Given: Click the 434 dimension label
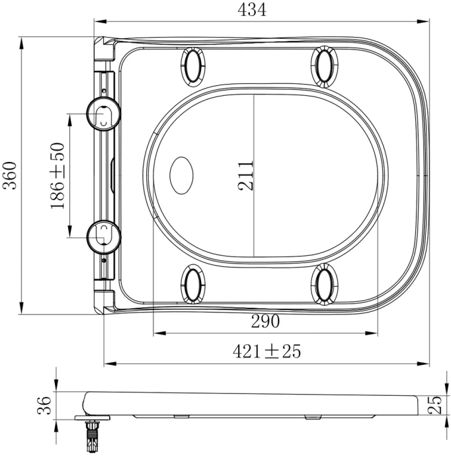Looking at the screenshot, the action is coord(252,10).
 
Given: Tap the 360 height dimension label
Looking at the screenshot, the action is coord(10,175).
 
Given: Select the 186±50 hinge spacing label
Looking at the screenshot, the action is coord(57,176).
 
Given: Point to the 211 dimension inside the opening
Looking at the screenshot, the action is coord(245,176).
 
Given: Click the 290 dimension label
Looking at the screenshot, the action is coord(265,321).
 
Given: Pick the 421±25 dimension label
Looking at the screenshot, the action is coord(266,352).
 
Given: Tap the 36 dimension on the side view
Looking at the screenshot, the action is coord(44,405).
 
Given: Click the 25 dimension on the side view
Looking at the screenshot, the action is coord(434,405).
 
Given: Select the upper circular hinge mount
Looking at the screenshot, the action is coord(104,114).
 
